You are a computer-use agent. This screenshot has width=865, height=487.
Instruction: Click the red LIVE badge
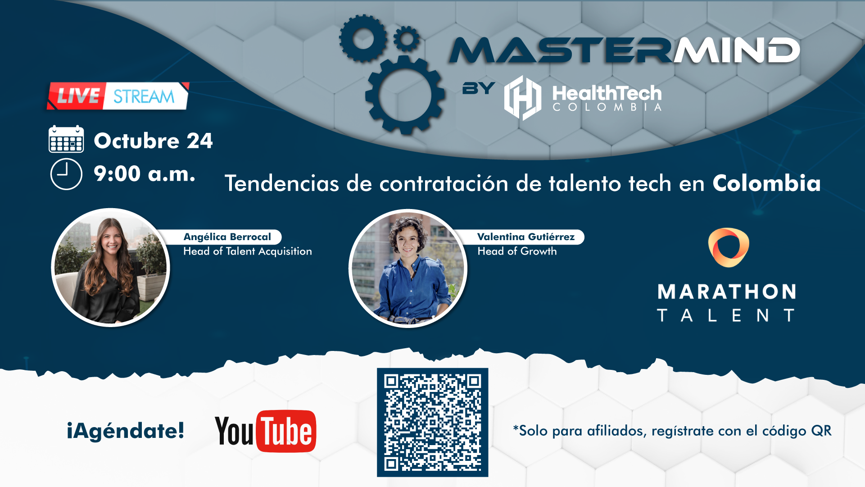pyautogui.click(x=77, y=96)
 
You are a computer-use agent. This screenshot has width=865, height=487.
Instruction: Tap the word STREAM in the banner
pyautogui.click(x=144, y=96)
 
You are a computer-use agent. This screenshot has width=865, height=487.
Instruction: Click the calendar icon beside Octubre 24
pyautogui.click(x=66, y=139)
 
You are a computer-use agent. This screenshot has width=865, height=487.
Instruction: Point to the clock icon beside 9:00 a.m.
pyautogui.click(x=66, y=174)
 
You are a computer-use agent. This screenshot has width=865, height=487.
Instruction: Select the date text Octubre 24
pyautogui.click(x=153, y=141)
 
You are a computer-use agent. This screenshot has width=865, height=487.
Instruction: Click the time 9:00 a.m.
pyautogui.click(x=145, y=174)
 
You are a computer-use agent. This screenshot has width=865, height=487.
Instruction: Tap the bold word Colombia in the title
pyautogui.click(x=766, y=183)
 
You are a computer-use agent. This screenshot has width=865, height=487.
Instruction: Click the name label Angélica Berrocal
pyautogui.click(x=227, y=237)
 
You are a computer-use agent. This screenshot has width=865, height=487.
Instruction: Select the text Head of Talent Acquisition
pyautogui.click(x=248, y=251)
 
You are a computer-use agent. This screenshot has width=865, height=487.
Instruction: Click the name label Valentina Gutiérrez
pyautogui.click(x=526, y=237)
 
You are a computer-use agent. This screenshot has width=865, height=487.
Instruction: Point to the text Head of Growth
pyautogui.click(x=517, y=251)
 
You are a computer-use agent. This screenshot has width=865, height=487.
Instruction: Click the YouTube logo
pyautogui.click(x=266, y=431)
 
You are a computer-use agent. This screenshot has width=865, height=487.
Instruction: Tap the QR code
pyautogui.click(x=433, y=423)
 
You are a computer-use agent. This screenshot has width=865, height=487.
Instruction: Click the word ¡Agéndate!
pyautogui.click(x=126, y=431)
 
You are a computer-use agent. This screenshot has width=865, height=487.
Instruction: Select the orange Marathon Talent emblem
pyautogui.click(x=729, y=247)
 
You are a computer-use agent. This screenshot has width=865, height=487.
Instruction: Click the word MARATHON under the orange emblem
pyautogui.click(x=727, y=292)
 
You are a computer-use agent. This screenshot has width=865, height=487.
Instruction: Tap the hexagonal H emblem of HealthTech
pyautogui.click(x=523, y=98)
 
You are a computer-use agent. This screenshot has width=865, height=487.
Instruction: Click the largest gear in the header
pyautogui.click(x=405, y=95)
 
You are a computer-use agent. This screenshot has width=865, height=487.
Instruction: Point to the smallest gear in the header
pyautogui.click(x=407, y=39)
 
